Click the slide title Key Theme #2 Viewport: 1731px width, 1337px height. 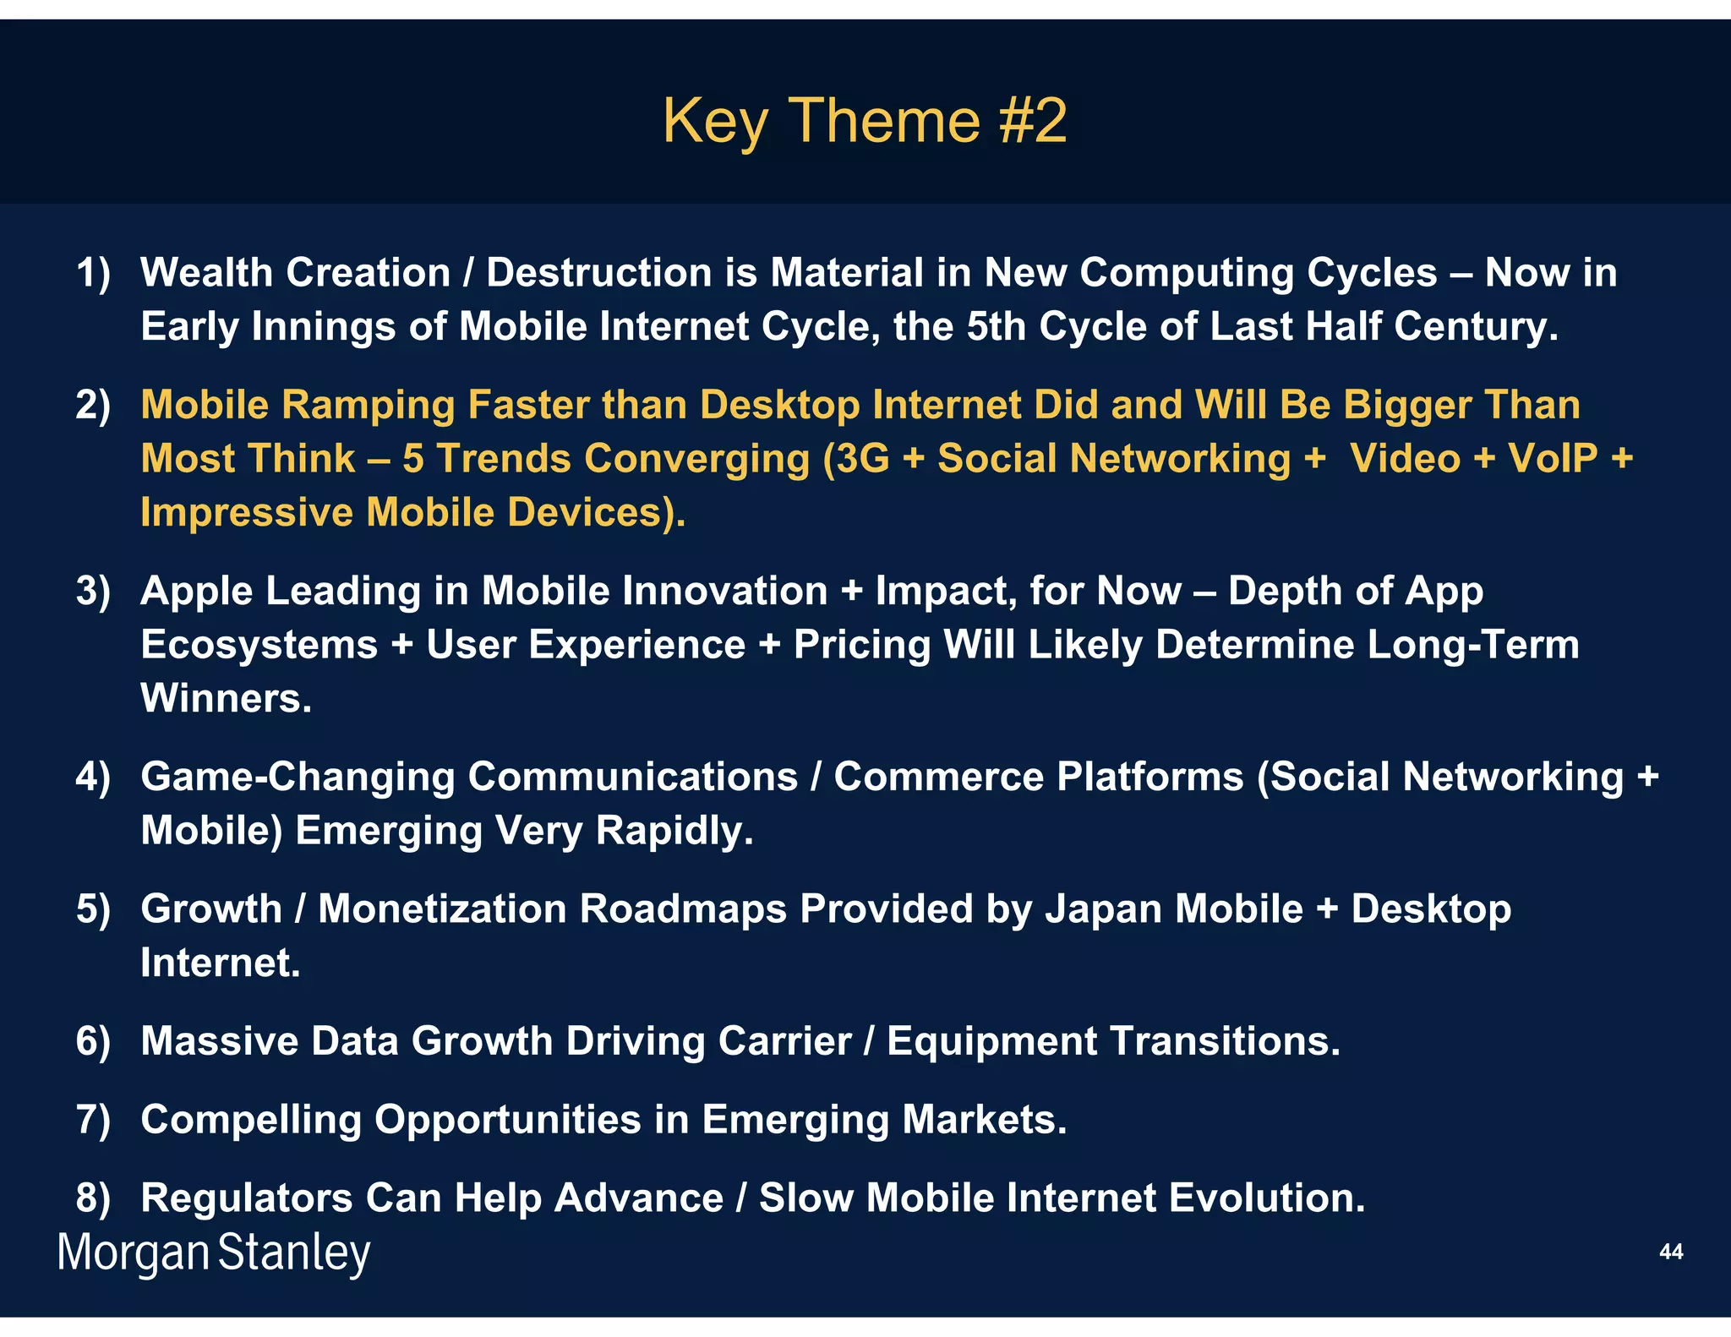864,121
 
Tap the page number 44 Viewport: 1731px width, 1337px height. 1670,1252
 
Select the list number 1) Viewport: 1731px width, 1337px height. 93,273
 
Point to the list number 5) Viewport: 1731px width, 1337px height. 93,909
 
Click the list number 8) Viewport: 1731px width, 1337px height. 93,1198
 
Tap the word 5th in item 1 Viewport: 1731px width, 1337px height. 995,326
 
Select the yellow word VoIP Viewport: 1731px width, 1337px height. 1552,459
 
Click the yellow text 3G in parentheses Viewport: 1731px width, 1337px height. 864,459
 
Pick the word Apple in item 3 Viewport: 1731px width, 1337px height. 196,591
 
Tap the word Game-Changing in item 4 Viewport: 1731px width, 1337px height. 298,778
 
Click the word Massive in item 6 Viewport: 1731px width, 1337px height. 219,1041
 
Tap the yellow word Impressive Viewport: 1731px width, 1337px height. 246,513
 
